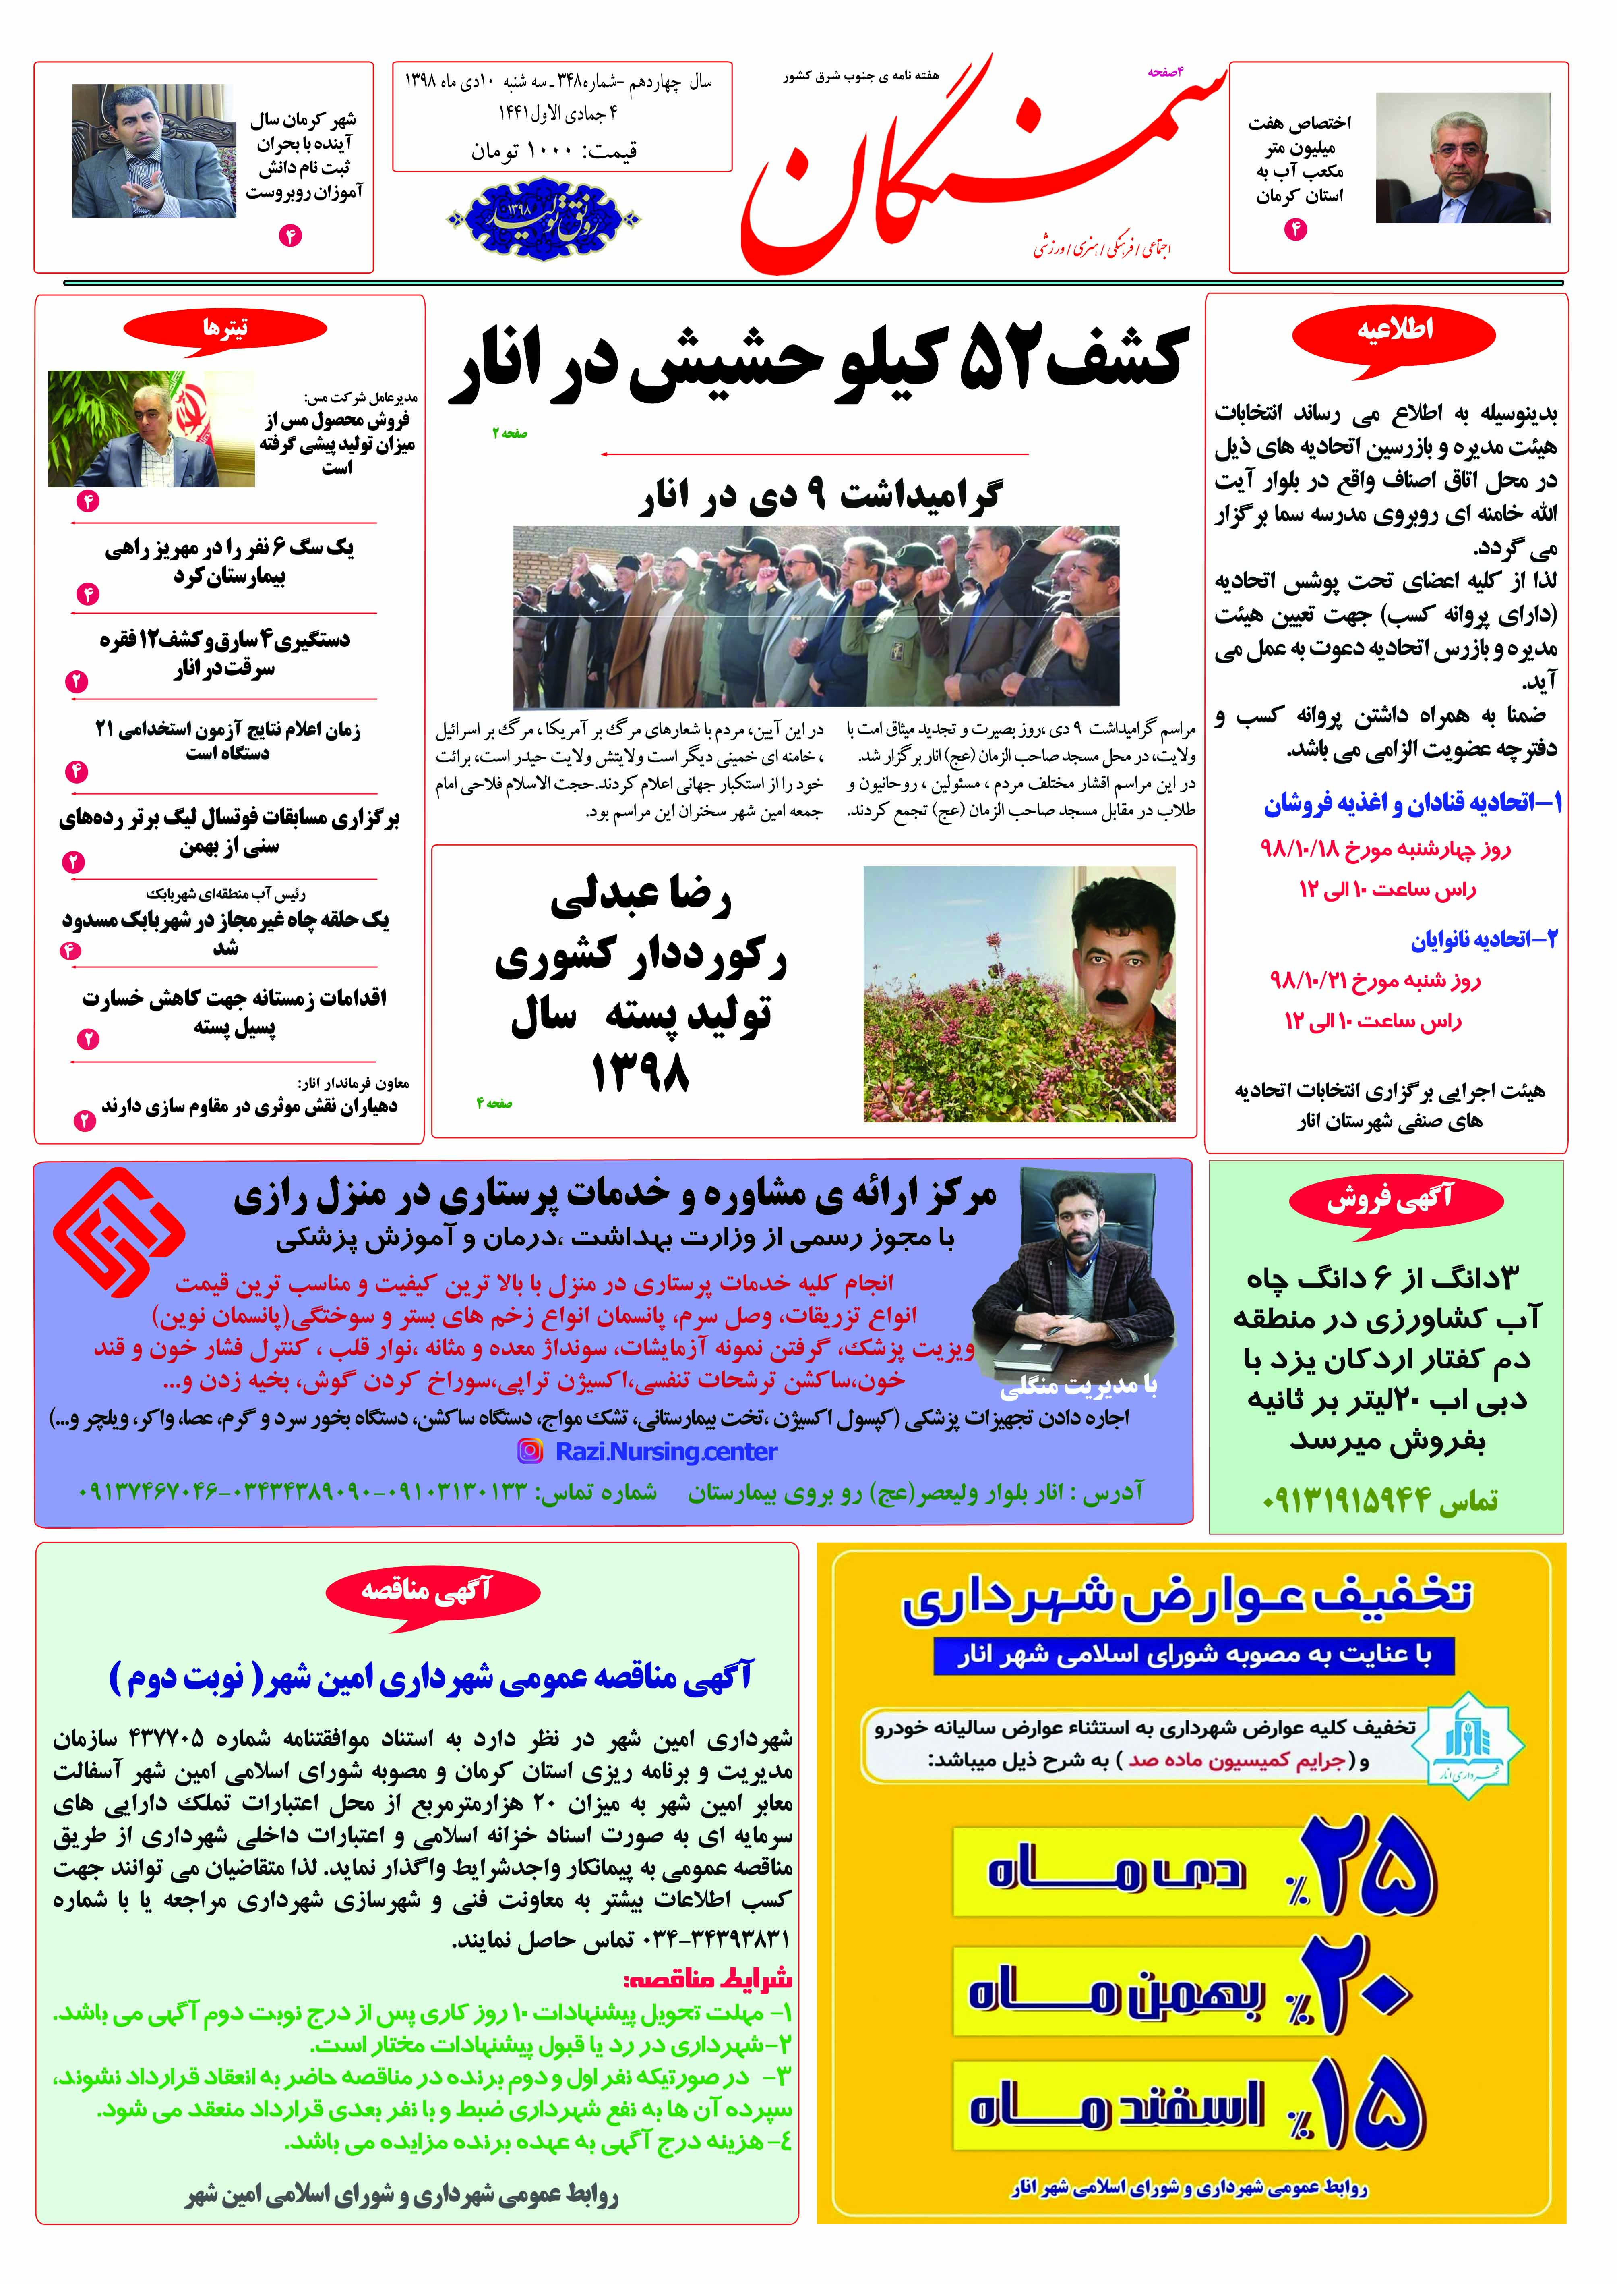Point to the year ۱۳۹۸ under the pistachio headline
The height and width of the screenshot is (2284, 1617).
(x=640, y=1074)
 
